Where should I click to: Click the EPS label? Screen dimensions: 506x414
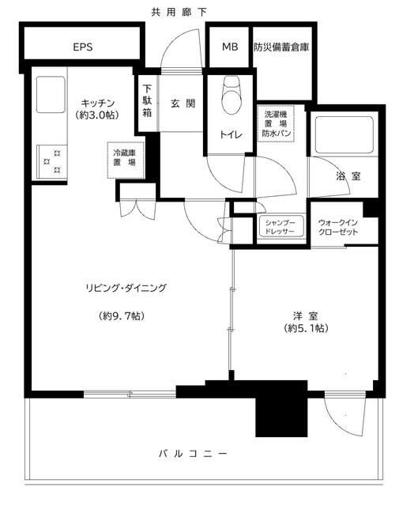(x=83, y=47)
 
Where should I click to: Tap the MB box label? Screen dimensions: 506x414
(x=229, y=47)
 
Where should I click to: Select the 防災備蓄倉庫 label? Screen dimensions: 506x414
(x=280, y=47)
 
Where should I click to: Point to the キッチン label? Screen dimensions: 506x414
(x=100, y=103)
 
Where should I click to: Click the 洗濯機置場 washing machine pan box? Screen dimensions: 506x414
(x=278, y=124)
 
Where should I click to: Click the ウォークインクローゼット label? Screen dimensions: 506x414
(x=340, y=226)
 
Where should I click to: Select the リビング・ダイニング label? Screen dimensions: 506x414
(x=126, y=288)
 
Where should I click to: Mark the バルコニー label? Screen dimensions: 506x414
(x=194, y=454)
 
